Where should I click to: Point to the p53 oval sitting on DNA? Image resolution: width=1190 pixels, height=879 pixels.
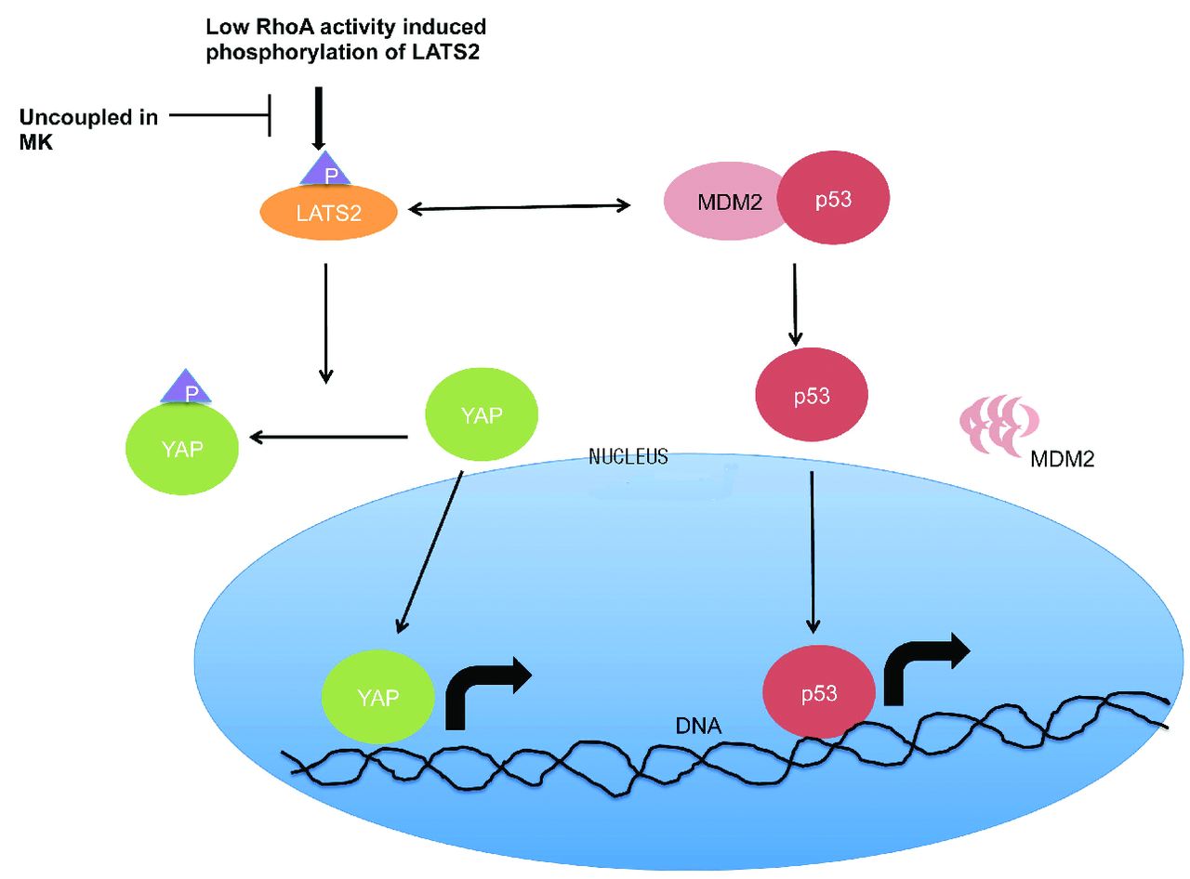(818, 693)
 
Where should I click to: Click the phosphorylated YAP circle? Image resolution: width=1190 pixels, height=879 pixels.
(182, 450)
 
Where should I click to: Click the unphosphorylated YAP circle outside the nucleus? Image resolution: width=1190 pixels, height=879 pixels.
(482, 413)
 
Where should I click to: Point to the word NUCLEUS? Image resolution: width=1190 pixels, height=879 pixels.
(628, 456)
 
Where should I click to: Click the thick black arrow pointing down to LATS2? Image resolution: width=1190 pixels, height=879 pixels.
(319, 119)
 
